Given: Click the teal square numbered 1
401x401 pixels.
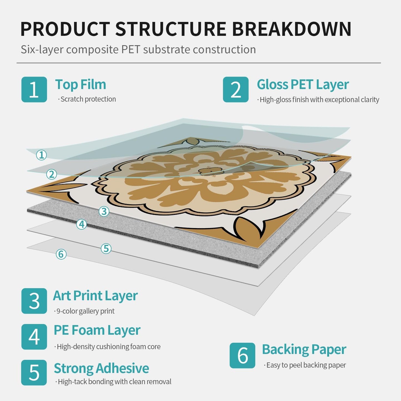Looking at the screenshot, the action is click(x=34, y=89).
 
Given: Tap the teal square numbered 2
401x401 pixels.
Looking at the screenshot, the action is click(x=236, y=89).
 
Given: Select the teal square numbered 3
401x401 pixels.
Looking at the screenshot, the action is click(x=34, y=301).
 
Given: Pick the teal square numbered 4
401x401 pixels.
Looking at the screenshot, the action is click(x=34, y=337).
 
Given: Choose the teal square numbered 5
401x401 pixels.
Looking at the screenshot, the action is click(x=34, y=372).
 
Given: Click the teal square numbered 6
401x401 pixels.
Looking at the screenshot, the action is click(x=243, y=355).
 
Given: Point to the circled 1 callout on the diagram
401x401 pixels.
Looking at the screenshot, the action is click(x=41, y=155).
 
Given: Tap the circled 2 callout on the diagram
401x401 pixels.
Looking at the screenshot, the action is click(x=52, y=174).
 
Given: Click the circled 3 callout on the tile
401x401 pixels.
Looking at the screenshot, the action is click(x=104, y=211).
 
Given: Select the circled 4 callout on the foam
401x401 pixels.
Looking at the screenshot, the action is click(x=82, y=224).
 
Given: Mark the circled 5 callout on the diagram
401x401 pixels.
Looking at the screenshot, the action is click(x=106, y=248).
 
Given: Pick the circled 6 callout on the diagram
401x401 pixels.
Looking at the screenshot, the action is click(x=61, y=254).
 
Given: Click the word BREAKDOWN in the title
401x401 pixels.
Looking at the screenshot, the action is click(x=292, y=29).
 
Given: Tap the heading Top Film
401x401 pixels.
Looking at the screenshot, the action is click(x=80, y=85).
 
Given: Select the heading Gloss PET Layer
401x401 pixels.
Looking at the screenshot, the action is click(x=303, y=85).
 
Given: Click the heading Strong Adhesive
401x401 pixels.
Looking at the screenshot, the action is click(x=101, y=368).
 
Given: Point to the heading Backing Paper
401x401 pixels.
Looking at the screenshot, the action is click(x=304, y=350).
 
